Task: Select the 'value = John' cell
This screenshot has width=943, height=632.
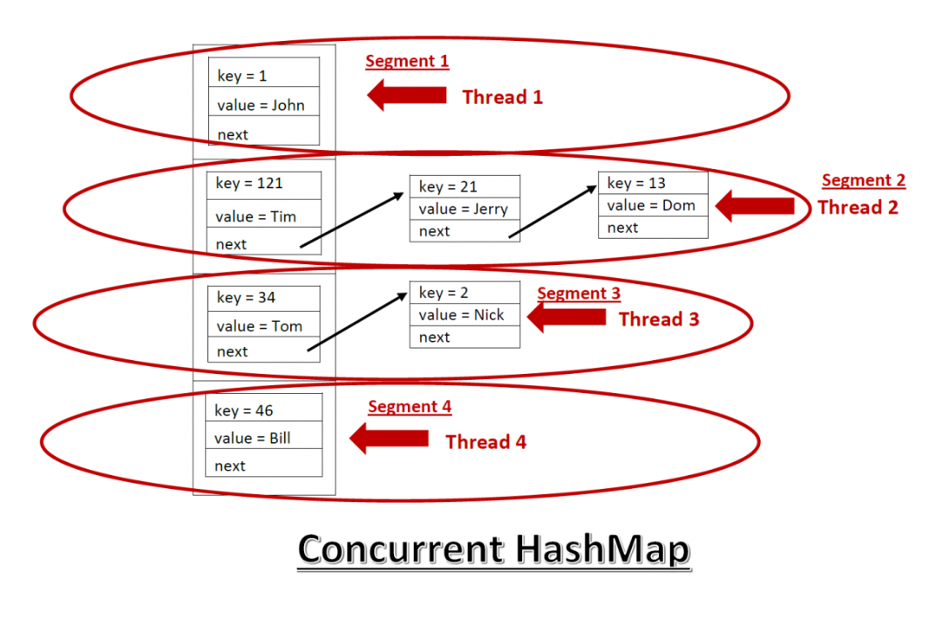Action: click(x=263, y=105)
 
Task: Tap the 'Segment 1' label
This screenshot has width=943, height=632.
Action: click(x=407, y=61)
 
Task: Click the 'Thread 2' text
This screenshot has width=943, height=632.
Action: click(x=858, y=207)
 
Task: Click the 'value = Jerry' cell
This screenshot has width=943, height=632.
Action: click(x=465, y=208)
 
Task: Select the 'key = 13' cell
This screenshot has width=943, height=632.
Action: click(x=653, y=183)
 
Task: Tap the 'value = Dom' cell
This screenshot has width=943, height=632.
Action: click(x=653, y=206)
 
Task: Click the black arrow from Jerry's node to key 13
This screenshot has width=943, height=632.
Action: click(x=553, y=211)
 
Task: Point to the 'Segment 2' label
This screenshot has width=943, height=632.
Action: click(x=864, y=180)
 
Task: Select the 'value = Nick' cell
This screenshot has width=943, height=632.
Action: click(x=465, y=315)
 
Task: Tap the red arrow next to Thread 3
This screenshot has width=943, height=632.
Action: click(x=566, y=317)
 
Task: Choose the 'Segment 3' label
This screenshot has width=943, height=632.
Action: click(x=579, y=294)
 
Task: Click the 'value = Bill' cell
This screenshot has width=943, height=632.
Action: click(x=263, y=438)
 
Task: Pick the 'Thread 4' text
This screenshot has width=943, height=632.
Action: click(x=485, y=442)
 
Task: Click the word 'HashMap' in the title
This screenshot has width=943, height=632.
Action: click(x=602, y=549)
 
